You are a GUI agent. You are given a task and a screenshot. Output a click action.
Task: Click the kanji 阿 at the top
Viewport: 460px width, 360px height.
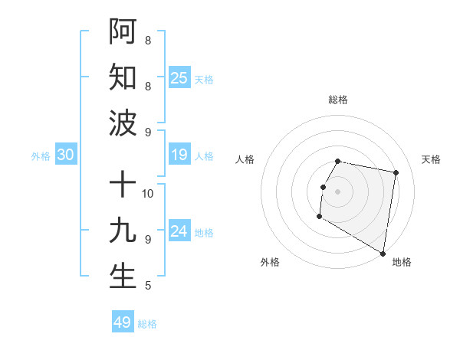coord(123,31)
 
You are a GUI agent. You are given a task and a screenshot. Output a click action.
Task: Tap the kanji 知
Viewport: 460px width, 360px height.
coord(123,77)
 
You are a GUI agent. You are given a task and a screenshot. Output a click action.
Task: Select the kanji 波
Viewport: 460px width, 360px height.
coord(123,123)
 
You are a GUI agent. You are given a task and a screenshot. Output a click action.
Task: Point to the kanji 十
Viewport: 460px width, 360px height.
coord(123,185)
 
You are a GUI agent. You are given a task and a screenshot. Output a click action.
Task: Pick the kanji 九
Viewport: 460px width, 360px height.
coord(123,231)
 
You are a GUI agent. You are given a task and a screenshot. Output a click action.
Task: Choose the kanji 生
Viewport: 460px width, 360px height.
coord(123,277)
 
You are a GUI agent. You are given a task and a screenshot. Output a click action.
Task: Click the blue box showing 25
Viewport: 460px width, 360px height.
coord(179,77)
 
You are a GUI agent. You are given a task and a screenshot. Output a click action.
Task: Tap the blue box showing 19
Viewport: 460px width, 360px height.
coord(179,155)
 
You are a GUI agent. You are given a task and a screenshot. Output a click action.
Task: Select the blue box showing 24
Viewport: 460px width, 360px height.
coord(179,232)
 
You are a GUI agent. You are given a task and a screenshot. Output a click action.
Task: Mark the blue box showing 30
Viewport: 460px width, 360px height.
coord(66,155)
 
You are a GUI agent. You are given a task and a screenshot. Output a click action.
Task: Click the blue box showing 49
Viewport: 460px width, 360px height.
coord(123,322)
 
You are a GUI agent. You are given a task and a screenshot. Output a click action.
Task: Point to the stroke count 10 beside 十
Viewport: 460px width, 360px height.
coord(148,193)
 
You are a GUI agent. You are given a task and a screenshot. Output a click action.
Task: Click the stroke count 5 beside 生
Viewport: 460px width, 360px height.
coord(148,286)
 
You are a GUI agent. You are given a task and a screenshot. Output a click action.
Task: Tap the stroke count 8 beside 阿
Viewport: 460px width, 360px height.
coord(148,40)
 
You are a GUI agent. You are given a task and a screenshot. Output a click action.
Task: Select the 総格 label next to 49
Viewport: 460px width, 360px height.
coord(147,324)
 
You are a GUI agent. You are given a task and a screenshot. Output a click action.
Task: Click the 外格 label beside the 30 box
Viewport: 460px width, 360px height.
coord(41,156)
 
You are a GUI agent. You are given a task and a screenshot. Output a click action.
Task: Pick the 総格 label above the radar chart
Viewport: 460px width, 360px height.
coord(338,100)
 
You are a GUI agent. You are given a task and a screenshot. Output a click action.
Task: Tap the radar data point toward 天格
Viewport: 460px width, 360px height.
coord(396,173)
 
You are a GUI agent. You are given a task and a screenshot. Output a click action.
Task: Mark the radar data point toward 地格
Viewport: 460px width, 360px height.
coord(383,253)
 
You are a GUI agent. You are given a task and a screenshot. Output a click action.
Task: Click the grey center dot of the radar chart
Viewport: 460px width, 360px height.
coord(337,191)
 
